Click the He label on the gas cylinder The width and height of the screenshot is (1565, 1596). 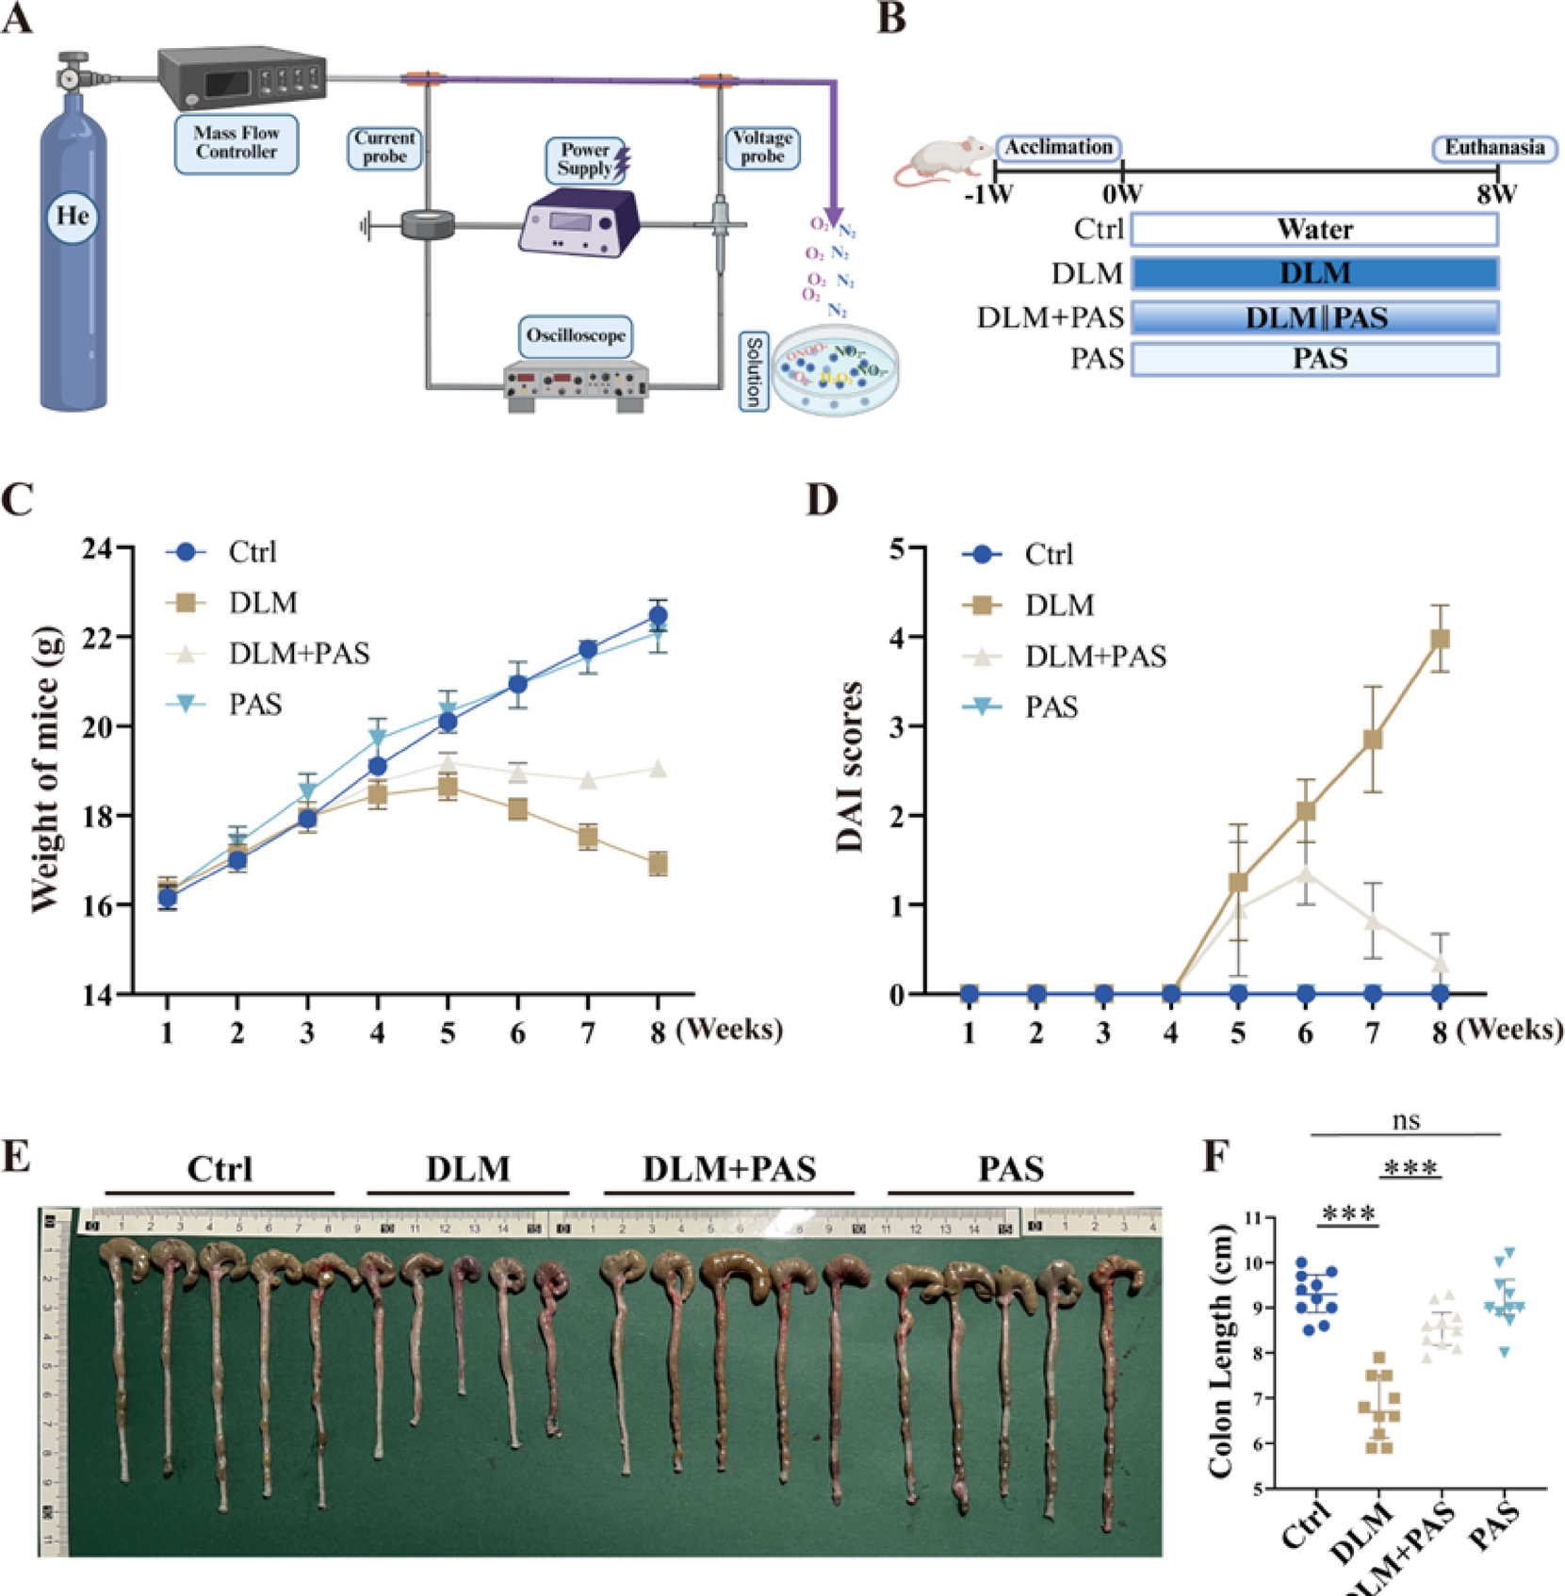click(73, 217)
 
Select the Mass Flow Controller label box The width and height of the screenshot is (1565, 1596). click(236, 143)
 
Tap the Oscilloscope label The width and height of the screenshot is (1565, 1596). click(575, 335)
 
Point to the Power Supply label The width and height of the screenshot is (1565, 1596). click(585, 159)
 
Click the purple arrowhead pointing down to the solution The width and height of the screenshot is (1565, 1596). click(833, 218)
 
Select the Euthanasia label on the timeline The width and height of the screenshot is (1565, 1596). click(1494, 148)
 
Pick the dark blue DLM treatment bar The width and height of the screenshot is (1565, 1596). click(1314, 273)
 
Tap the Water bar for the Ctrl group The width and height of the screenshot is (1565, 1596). click(1314, 229)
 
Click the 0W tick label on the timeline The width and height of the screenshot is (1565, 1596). click(1122, 195)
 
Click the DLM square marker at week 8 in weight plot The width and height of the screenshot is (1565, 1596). click(658, 863)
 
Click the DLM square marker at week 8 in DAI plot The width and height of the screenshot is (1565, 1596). click(1440, 639)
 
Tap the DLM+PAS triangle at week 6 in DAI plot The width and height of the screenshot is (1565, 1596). click(1305, 872)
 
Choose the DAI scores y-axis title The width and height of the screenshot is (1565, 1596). click(850, 768)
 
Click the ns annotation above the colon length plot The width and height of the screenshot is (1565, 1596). click(1406, 1120)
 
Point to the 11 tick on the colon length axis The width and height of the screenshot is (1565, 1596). click(1252, 1217)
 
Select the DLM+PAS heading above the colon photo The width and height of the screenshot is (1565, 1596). click(729, 1169)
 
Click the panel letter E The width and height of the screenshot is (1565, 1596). click(16, 1155)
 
